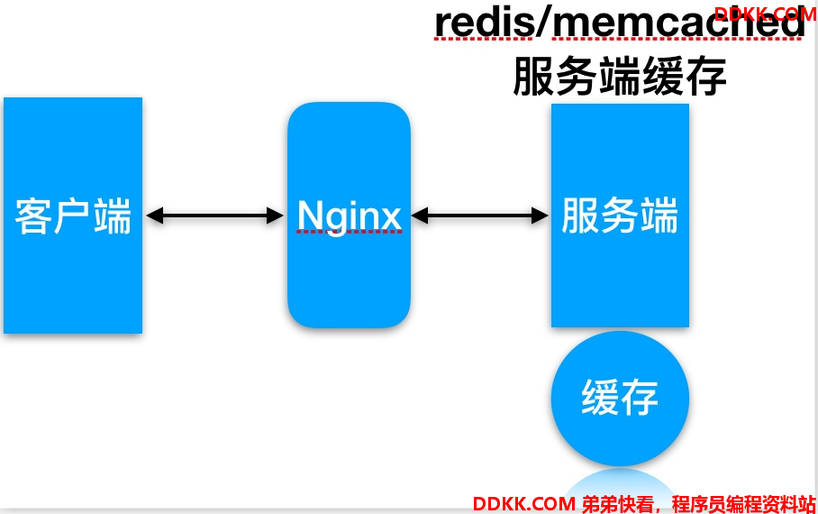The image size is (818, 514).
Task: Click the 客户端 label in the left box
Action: pyautogui.click(x=73, y=216)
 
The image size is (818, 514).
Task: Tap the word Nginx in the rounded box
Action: pyautogui.click(x=349, y=216)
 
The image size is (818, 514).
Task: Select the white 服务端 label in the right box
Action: pyautogui.click(x=620, y=216)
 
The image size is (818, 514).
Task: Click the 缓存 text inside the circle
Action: pyautogui.click(x=620, y=397)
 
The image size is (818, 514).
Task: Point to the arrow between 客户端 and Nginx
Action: pyautogui.click(x=215, y=216)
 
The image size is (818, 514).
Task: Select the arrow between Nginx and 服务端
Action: pyautogui.click(x=479, y=216)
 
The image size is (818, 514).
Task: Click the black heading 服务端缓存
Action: pyautogui.click(x=620, y=77)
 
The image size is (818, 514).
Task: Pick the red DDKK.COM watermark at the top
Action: pyautogui.click(x=766, y=14)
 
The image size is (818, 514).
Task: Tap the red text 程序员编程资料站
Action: pyautogui.click(x=743, y=504)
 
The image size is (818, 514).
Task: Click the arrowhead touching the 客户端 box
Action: pyautogui.click(x=155, y=216)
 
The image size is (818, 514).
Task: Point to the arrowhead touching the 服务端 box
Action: pyautogui.click(x=540, y=216)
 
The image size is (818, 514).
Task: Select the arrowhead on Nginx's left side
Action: pyautogui.click(x=275, y=216)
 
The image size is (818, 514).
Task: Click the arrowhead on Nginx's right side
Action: pyautogui.click(x=420, y=216)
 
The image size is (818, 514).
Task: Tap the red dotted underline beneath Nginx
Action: pyautogui.click(x=350, y=231)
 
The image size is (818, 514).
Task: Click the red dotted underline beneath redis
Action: pyautogui.click(x=484, y=38)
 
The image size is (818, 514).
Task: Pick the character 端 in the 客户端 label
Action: pyautogui.click(x=113, y=216)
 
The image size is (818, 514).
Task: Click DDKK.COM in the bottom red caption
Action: pyautogui.click(x=524, y=504)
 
